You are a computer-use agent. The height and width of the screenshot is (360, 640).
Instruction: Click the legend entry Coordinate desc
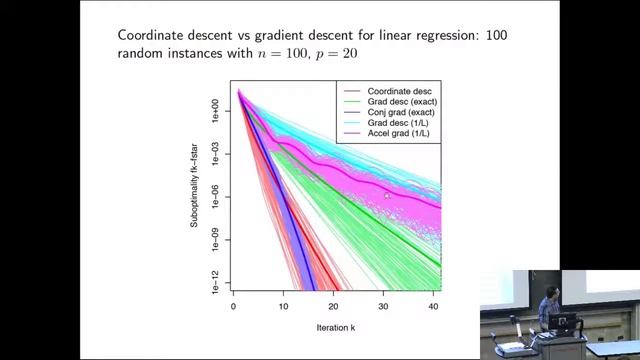pyautogui.click(x=392, y=92)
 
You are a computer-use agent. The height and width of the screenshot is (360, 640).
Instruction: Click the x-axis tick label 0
pyautogui.click(x=233, y=307)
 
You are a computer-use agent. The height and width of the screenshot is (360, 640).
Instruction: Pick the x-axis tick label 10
pyautogui.click(x=283, y=307)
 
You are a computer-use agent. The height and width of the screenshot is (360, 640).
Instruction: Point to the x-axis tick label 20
pyautogui.click(x=333, y=307)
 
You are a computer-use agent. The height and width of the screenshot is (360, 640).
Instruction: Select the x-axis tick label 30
pyautogui.click(x=383, y=307)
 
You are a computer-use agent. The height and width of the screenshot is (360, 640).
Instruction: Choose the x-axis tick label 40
pyautogui.click(x=432, y=307)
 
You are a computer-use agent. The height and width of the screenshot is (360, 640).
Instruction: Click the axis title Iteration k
pyautogui.click(x=332, y=327)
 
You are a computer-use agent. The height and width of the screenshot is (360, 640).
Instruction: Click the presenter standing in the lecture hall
pyautogui.click(x=547, y=304)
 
